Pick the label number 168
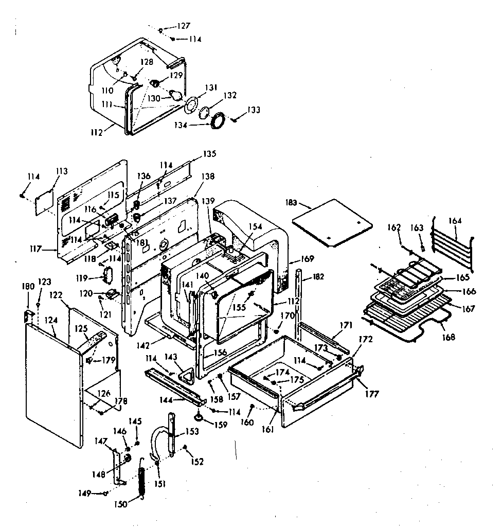[x=448, y=337]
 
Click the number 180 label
[x=28, y=287]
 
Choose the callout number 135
[x=209, y=153]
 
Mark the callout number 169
[x=308, y=259]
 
